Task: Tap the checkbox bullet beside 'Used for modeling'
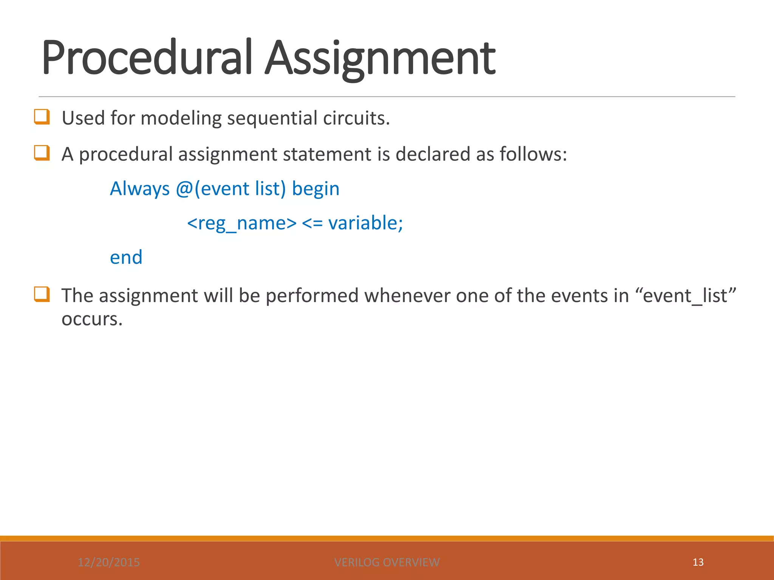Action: pyautogui.click(x=42, y=117)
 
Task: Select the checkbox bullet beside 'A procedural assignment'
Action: pyautogui.click(x=42, y=153)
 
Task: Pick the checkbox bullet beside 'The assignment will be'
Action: pyautogui.click(x=42, y=294)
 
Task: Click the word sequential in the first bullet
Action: pyautogui.click(x=272, y=118)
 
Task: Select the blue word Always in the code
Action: pyautogui.click(x=139, y=189)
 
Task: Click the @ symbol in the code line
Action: pyautogui.click(x=184, y=189)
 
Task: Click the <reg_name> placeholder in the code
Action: pyautogui.click(x=242, y=223)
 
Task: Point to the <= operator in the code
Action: pyautogui.click(x=312, y=223)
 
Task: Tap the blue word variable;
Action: pyautogui.click(x=365, y=223)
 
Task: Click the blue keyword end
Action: pyautogui.click(x=126, y=258)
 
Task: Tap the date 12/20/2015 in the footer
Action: pyautogui.click(x=109, y=562)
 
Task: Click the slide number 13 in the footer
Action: pyautogui.click(x=698, y=562)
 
